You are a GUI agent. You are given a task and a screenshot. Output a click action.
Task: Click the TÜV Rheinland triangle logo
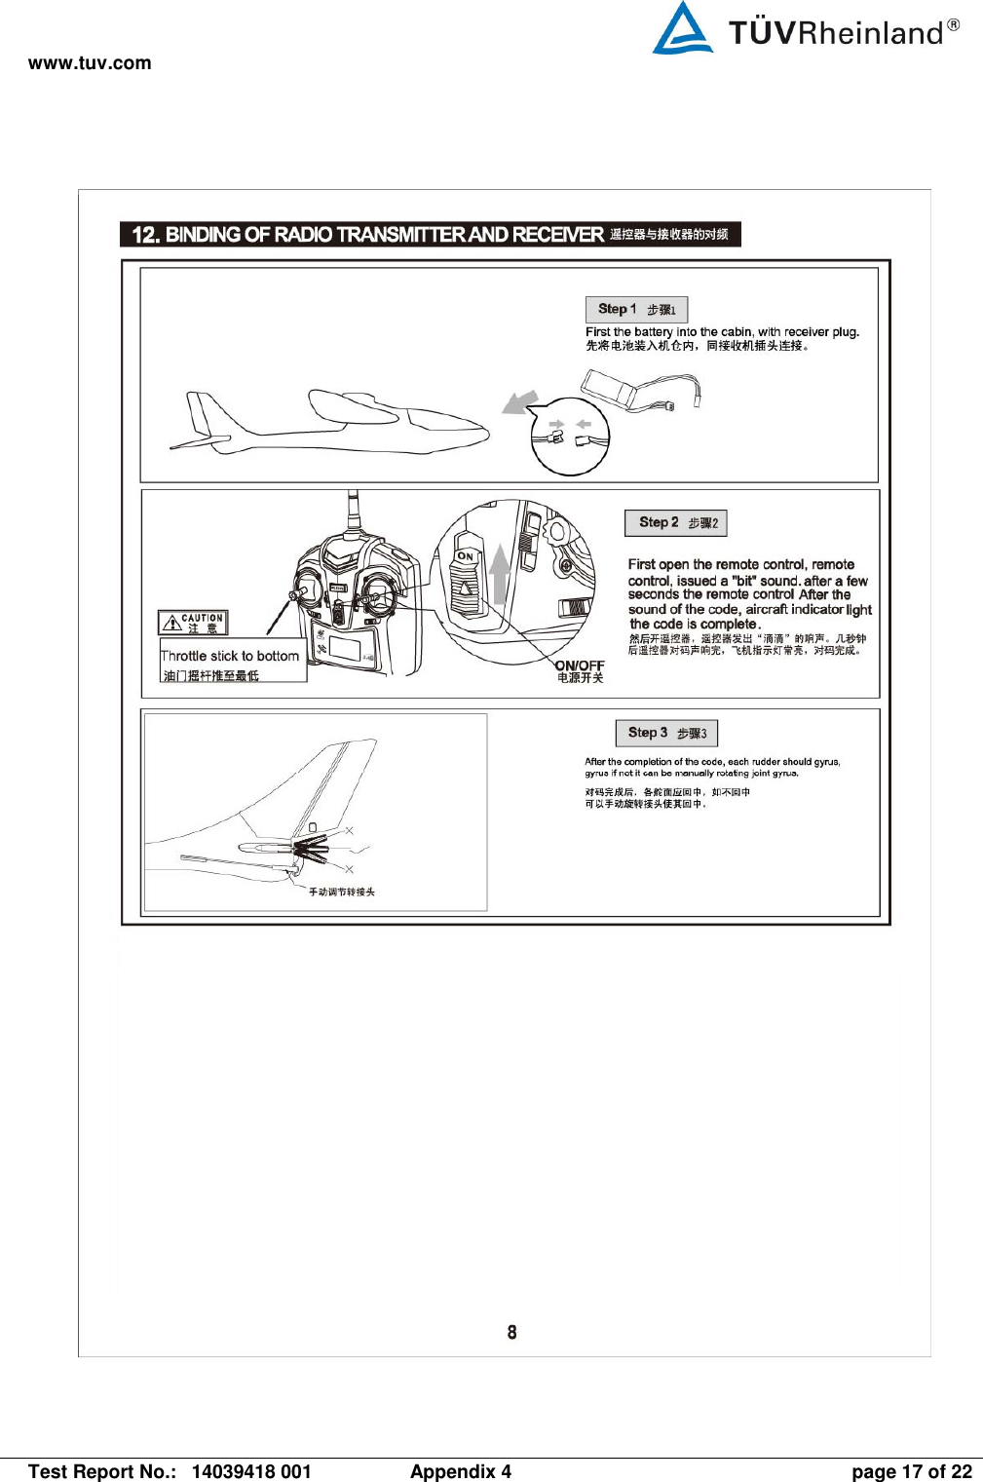(x=682, y=29)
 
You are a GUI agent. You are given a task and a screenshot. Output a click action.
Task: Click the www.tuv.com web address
(x=90, y=63)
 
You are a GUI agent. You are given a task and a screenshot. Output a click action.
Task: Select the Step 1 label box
(x=636, y=309)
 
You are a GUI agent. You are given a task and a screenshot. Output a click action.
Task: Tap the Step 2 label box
(x=676, y=522)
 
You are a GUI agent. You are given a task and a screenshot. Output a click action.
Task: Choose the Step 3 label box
(x=666, y=733)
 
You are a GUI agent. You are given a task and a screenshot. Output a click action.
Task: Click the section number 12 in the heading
(x=144, y=235)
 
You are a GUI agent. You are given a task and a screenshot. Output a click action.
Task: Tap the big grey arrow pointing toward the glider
(x=519, y=401)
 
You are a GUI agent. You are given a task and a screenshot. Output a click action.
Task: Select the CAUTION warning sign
(x=193, y=623)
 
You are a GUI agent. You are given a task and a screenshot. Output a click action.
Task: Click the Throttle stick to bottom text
(x=230, y=656)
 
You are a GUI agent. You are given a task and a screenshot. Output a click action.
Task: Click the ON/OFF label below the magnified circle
(x=580, y=665)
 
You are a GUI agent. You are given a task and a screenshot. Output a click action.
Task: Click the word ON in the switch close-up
(x=466, y=556)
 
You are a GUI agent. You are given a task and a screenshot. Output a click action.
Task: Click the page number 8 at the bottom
(x=511, y=1332)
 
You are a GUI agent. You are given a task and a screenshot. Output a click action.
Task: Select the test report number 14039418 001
(x=251, y=1471)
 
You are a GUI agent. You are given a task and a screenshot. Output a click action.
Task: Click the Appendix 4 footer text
(x=460, y=1471)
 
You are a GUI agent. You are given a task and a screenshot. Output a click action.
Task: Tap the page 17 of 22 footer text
(x=911, y=1471)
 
